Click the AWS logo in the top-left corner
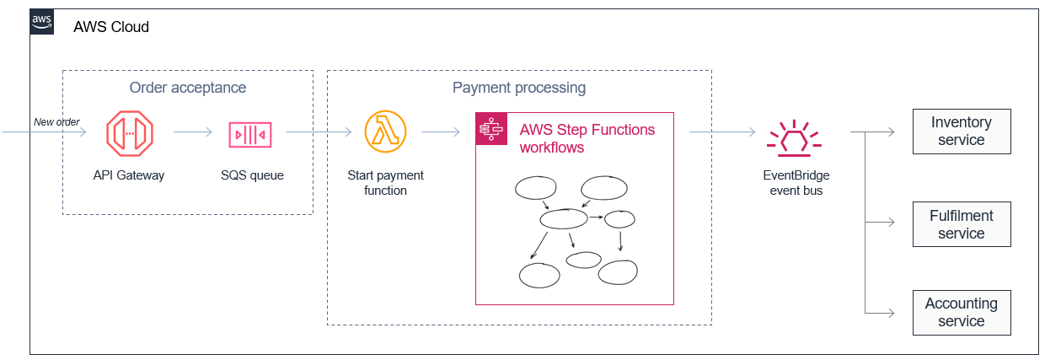[x=42, y=22]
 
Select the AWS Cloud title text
[x=111, y=27]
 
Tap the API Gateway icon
[x=129, y=133]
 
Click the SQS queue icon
[x=251, y=133]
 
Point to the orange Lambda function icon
[x=385, y=132]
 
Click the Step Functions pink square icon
[x=490, y=128]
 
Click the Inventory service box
[x=961, y=132]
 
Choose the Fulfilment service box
[x=961, y=224]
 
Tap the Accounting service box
[x=961, y=312]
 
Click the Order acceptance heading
[x=187, y=88]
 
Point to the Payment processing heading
[x=518, y=88]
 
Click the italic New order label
[x=56, y=122]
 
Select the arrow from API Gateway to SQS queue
[x=193, y=132]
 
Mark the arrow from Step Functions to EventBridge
[x=722, y=132]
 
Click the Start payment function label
[x=385, y=183]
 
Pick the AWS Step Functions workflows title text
[x=587, y=138]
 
